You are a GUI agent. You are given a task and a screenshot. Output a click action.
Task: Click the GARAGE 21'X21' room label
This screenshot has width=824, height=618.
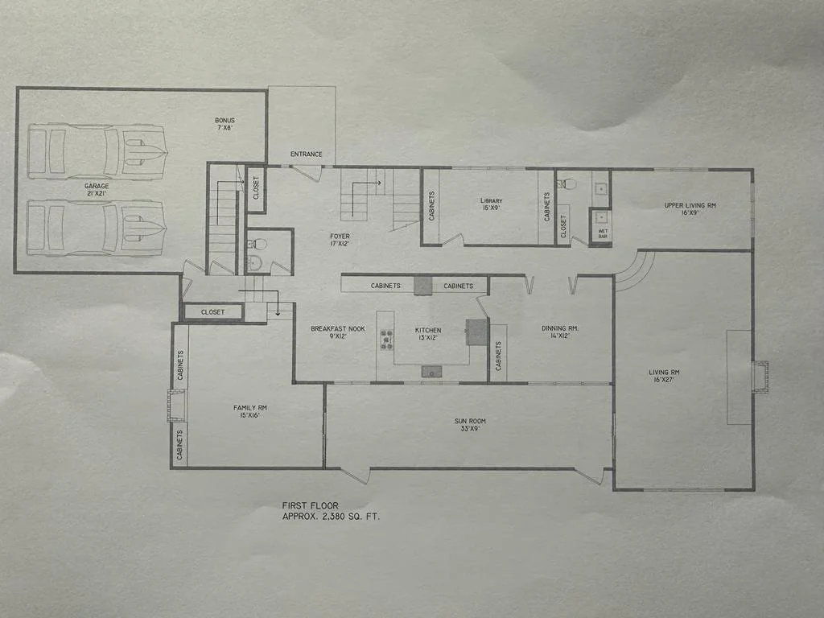tap(97, 190)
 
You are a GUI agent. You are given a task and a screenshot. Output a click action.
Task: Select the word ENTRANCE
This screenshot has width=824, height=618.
tap(305, 154)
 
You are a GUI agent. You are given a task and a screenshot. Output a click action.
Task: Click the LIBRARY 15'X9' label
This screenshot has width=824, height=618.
tap(491, 204)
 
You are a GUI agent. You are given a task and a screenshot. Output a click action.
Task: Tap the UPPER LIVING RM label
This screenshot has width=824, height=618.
tap(690, 209)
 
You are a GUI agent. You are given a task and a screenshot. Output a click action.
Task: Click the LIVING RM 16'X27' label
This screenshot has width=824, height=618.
tap(665, 377)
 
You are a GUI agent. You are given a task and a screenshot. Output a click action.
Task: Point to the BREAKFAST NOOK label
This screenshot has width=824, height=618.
tap(338, 333)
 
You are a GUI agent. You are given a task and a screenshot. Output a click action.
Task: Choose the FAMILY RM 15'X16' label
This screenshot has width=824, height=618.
tap(250, 413)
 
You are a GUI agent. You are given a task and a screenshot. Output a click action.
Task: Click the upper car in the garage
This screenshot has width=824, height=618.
tap(97, 150)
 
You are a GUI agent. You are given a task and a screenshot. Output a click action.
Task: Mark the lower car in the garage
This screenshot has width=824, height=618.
tap(97, 228)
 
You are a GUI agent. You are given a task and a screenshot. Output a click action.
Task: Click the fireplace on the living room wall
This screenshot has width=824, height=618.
tap(760, 377)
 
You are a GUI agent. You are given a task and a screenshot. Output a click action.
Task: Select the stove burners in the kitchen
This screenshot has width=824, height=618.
tap(386, 340)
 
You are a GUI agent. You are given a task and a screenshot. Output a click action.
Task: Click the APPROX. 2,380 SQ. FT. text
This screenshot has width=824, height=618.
tap(330, 516)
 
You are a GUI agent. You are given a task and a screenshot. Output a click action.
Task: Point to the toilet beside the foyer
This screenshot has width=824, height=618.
tap(256, 262)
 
